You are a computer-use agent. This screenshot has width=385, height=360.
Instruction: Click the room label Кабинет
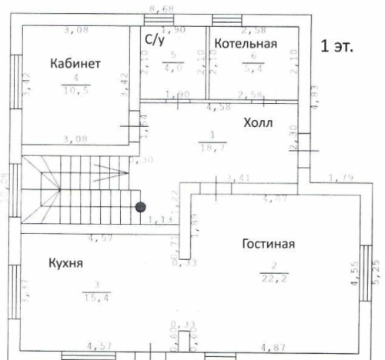pyautogui.click(x=75, y=62)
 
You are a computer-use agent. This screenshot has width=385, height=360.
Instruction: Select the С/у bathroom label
pyautogui.click(x=152, y=38)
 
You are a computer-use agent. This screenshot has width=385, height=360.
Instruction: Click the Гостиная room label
pyautogui.click(x=269, y=245)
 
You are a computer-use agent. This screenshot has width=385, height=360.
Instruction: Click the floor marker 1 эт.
pyautogui.click(x=336, y=46)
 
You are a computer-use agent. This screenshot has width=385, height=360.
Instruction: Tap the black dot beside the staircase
pyautogui.click(x=140, y=206)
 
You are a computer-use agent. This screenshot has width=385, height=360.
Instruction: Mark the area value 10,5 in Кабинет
pyautogui.click(x=75, y=89)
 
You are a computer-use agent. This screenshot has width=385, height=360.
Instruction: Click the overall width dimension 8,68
pyautogui.click(x=161, y=8)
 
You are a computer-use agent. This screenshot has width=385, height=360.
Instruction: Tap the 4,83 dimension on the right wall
pyautogui.click(x=312, y=95)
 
